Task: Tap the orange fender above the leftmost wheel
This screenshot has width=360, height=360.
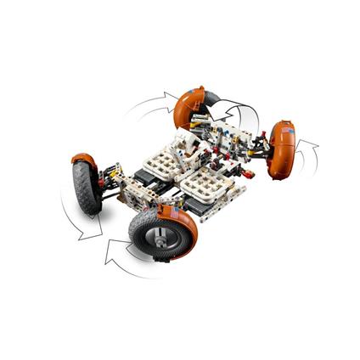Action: click(x=83, y=159)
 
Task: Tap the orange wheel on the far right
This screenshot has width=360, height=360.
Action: click(x=283, y=151)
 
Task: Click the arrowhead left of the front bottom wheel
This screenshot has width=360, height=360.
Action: click(x=110, y=251)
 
